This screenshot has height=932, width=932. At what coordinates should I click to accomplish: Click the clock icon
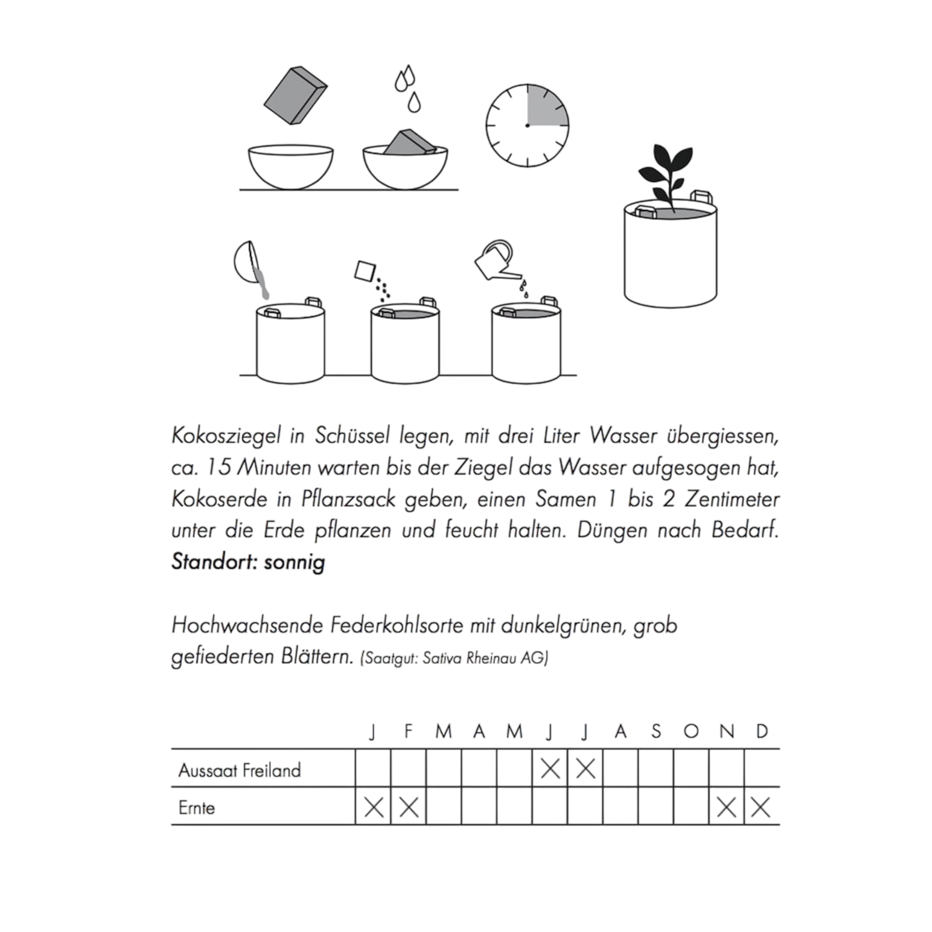click(527, 125)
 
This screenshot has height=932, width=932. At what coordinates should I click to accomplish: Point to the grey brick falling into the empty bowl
click(295, 96)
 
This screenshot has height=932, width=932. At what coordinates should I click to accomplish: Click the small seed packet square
click(365, 271)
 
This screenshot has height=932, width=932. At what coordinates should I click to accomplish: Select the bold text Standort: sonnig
click(248, 562)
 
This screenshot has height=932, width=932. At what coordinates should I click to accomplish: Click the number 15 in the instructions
click(219, 467)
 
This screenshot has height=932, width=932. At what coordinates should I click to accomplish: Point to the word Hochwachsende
click(246, 626)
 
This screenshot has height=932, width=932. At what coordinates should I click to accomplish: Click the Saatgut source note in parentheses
click(454, 658)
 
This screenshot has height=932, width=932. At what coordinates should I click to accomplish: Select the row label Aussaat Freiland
click(239, 770)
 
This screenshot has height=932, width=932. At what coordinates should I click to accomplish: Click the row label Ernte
click(196, 808)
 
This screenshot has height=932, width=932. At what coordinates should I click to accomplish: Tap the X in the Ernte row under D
click(761, 807)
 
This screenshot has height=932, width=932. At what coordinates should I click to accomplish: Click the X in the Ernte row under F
click(409, 807)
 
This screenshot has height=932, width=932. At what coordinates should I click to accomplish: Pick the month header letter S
click(656, 731)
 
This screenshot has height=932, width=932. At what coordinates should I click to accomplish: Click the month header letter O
click(691, 731)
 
